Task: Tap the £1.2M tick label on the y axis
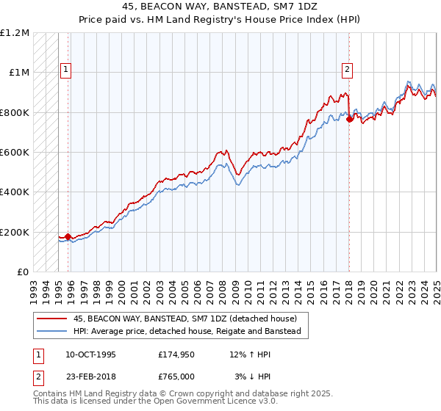click(15, 33)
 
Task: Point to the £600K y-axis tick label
click(14, 153)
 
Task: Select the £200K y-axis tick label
click(14, 232)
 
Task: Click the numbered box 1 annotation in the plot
click(65, 70)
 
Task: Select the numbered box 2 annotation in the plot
click(347, 70)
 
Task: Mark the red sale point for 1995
click(68, 237)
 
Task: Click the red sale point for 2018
click(349, 120)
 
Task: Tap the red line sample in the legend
click(51, 319)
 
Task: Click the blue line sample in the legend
click(51, 332)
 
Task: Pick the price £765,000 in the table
click(176, 377)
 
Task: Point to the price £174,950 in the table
click(176, 354)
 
